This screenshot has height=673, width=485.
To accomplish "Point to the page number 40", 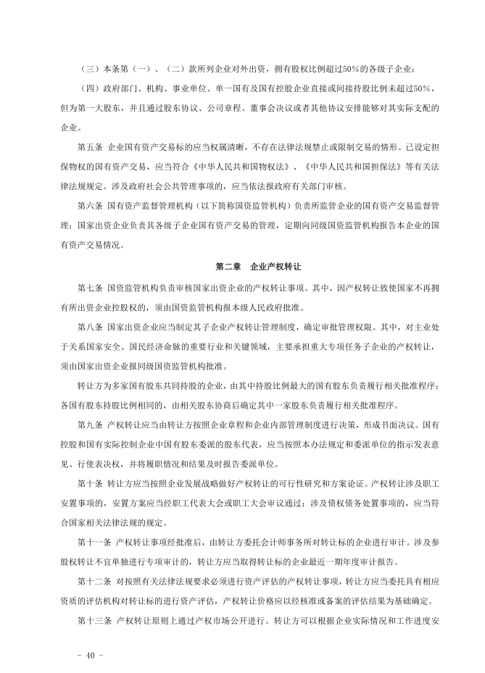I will coord(90,655).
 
